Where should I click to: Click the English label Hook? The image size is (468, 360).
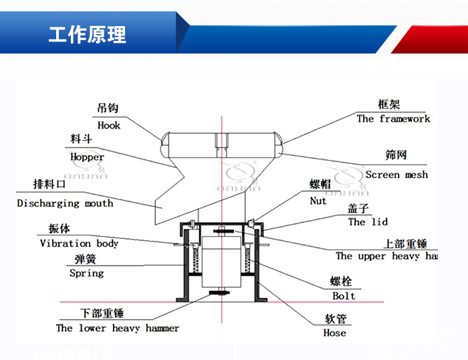(109, 125)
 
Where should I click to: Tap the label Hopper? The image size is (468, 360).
(88, 157)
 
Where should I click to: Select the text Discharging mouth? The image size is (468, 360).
(66, 203)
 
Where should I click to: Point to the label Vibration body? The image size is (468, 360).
(79, 244)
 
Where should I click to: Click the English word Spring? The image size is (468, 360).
(87, 273)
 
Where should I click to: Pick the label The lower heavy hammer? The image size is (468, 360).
(118, 328)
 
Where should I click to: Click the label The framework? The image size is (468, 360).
(393, 118)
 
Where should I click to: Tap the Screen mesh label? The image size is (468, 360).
(396, 175)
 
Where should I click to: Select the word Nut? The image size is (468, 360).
(318, 201)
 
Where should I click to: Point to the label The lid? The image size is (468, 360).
(368, 221)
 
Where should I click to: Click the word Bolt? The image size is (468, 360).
(344, 296)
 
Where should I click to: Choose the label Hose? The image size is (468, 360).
(335, 333)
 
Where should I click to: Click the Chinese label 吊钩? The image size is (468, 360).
(108, 108)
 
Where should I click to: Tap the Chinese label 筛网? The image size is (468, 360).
(396, 155)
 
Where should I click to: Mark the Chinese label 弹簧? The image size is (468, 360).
(86, 259)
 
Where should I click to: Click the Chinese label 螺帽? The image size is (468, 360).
(320, 185)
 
